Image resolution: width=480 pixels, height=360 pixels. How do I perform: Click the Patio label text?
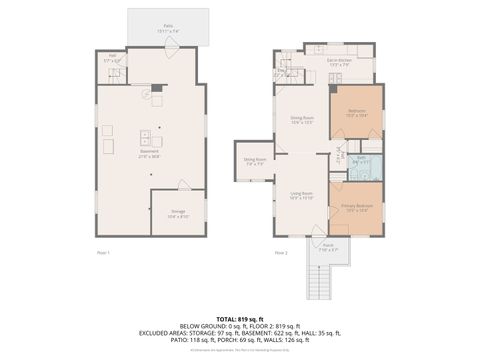pos(168,29)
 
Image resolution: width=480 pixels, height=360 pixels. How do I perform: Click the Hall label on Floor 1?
pos(112,58)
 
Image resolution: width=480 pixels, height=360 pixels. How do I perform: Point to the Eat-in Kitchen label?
pos(340,61)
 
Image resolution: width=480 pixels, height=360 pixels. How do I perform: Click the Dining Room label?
pos(303,121)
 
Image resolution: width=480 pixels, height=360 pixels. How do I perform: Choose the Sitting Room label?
pos(255,160)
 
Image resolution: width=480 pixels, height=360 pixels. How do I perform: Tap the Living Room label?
pos(302,195)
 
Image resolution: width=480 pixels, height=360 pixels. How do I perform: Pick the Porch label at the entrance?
pos(328,245)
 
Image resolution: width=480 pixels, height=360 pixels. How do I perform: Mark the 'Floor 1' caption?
pos(102,252)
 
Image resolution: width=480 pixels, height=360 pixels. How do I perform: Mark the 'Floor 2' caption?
pos(281,252)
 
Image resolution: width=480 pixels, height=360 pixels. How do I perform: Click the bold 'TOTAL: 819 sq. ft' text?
pos(239,318)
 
